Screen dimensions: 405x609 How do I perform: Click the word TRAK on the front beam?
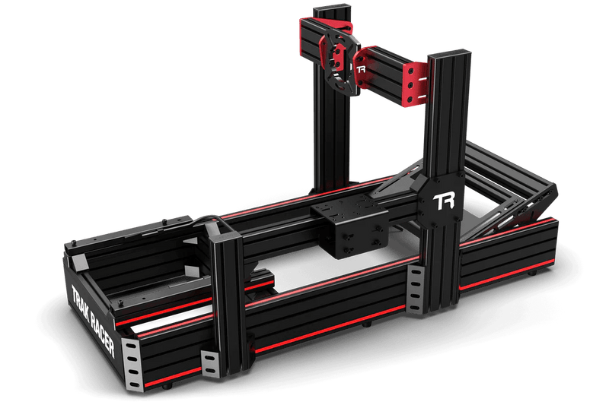tap(81, 299)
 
